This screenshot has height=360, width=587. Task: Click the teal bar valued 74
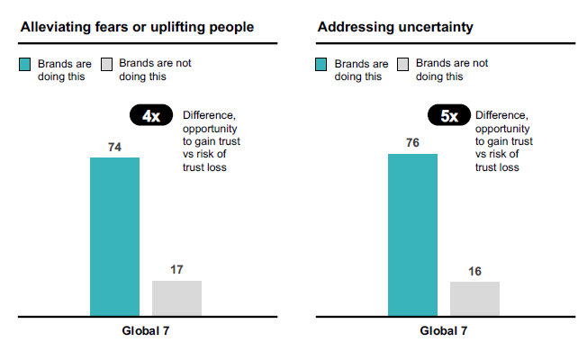point(114,237)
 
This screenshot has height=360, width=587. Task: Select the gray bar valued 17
point(176,298)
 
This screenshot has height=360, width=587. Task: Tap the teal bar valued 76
point(412,235)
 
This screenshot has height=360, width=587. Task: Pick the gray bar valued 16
point(474,299)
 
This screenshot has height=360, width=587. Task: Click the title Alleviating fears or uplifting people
point(137,27)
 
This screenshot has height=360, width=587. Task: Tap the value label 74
point(114,147)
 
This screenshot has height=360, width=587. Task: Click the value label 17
point(176,269)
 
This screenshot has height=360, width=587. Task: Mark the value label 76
point(412,143)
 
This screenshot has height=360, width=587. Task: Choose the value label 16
point(474,271)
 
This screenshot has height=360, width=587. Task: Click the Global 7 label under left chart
point(146,331)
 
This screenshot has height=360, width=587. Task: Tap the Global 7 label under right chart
point(444,331)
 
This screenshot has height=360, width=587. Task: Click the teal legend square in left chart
point(26,65)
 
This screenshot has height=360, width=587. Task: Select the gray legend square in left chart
point(106,65)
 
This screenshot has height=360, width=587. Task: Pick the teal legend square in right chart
point(322,65)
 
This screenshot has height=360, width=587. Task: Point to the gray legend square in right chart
point(403,65)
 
